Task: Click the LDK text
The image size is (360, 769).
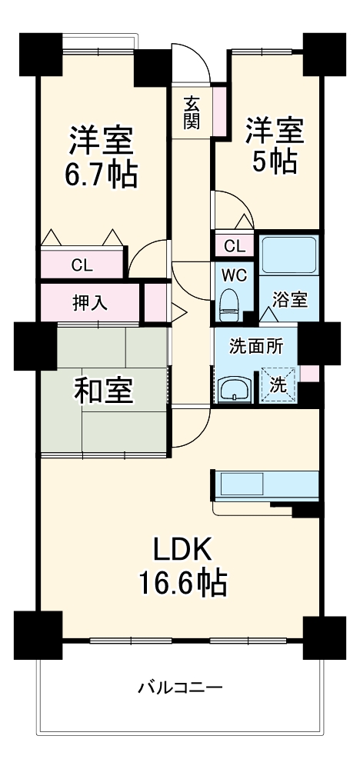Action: point(182,549)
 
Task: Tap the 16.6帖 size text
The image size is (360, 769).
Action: point(182,584)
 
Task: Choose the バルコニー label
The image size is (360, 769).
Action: point(180,687)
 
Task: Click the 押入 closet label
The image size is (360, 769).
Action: point(90,301)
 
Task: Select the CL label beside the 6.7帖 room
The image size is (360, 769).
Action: point(82,266)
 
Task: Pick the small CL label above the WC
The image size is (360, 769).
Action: point(235,247)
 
